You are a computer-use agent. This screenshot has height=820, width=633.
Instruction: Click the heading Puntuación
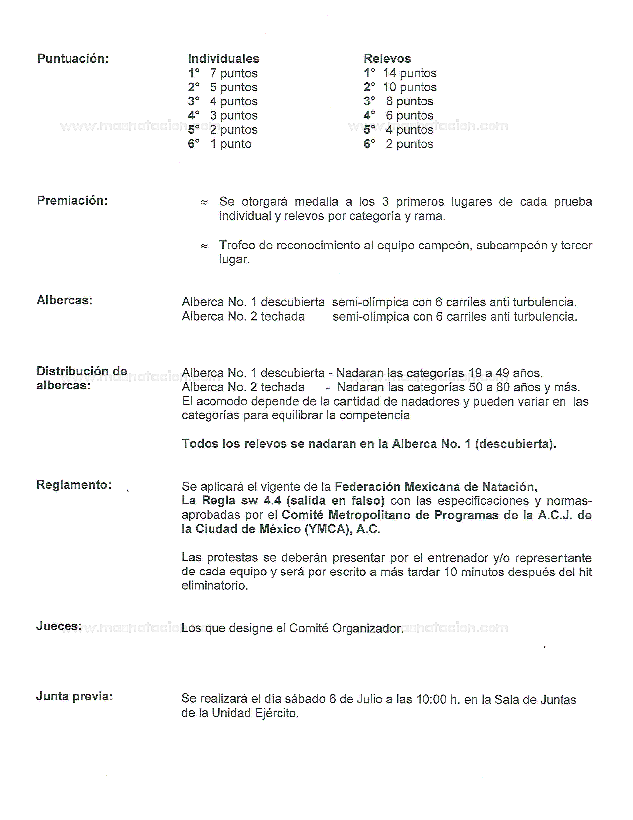click(x=72, y=59)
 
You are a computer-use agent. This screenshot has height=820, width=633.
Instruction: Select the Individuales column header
click(x=223, y=59)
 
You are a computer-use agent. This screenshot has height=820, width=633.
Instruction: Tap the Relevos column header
click(x=387, y=59)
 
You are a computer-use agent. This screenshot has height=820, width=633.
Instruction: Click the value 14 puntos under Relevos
click(x=410, y=73)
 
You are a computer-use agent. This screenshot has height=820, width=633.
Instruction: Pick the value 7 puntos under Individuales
click(x=233, y=73)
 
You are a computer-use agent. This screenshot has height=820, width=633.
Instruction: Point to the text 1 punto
click(x=231, y=144)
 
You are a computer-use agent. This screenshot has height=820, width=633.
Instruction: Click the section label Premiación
click(x=72, y=201)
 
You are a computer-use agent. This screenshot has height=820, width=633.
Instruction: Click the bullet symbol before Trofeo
click(x=204, y=246)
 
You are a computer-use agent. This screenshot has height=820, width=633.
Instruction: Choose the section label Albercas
click(x=65, y=301)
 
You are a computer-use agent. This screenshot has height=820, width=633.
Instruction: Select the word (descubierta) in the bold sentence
click(x=515, y=444)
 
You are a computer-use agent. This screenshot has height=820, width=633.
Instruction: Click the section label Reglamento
click(x=73, y=485)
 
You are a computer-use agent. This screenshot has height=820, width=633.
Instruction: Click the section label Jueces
click(x=59, y=626)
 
